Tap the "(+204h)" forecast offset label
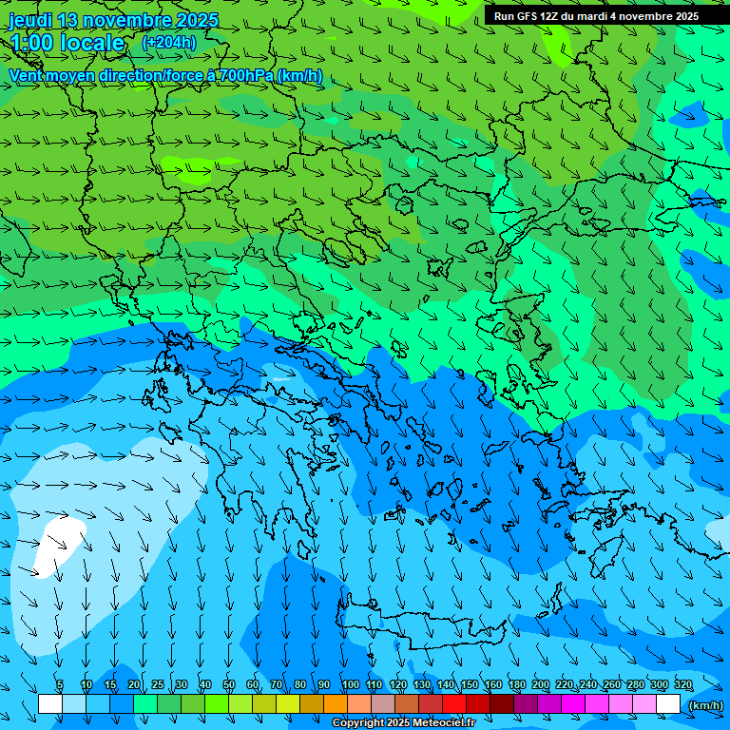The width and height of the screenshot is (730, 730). click(168, 42)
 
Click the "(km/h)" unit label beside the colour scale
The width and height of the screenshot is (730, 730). click(704, 705)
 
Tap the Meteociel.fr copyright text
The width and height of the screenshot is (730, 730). click(403, 723)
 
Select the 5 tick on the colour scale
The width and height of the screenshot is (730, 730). click(60, 685)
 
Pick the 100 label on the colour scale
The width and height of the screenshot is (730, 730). click(351, 685)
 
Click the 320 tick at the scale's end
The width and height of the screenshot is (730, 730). click(682, 685)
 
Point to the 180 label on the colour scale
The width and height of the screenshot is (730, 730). click(517, 685)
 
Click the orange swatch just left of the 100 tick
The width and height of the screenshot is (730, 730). click(336, 704)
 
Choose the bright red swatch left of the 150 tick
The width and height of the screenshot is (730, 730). click(454, 704)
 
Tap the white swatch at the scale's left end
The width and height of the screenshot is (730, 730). click(49, 704)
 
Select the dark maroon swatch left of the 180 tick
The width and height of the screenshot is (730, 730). click(502, 704)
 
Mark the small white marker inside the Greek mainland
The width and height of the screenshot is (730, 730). click(279, 380)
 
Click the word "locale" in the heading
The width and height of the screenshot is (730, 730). click(92, 43)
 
